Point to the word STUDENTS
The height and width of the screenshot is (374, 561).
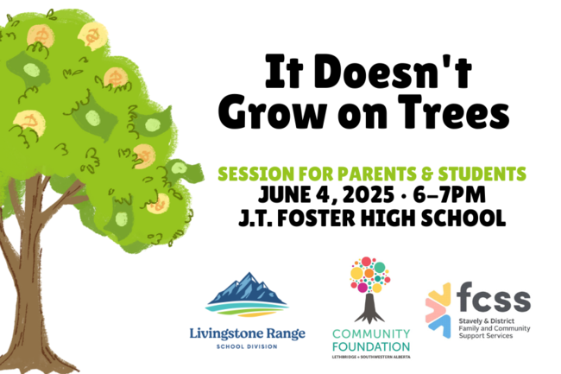tap(482, 174)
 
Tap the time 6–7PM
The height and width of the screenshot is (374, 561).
tap(449, 195)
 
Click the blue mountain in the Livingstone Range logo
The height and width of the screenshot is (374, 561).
tap(247, 288)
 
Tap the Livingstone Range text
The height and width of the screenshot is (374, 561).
tap(247, 334)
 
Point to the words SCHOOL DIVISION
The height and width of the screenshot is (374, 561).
tap(247, 346)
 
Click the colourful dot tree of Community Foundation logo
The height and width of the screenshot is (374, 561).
tap(370, 275)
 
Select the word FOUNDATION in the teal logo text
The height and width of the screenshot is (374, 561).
tap(371, 347)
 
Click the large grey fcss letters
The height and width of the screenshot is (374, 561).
tap(494, 296)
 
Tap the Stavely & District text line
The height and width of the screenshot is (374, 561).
tap(487, 321)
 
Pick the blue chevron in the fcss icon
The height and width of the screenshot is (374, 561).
tap(441, 326)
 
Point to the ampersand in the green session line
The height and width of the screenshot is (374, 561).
tap(427, 174)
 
